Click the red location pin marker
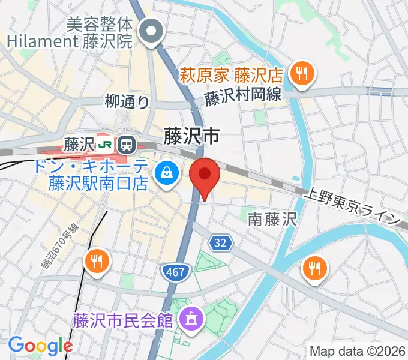tap(205, 175)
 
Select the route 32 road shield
tap(220, 242)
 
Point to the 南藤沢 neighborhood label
tap(272, 220)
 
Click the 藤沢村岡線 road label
tap(244, 98)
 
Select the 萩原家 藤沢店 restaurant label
tap(231, 76)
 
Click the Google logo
tap(40, 346)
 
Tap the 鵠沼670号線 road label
tap(60, 245)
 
